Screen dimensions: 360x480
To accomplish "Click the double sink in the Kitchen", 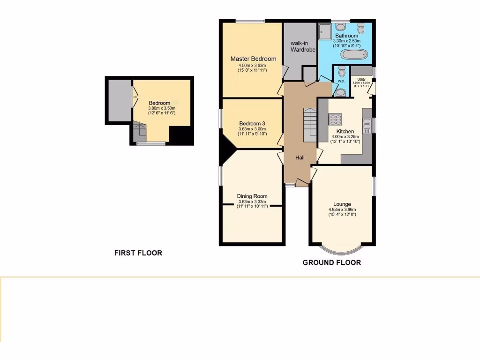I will (367, 124).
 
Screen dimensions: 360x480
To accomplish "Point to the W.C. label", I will (341, 81).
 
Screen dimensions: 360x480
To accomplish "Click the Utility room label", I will (361, 80).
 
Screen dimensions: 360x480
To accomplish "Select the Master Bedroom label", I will (253, 59).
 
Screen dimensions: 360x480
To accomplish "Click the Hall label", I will (300, 157).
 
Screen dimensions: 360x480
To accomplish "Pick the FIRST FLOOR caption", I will (138, 253).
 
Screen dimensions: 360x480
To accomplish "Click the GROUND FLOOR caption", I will (331, 262).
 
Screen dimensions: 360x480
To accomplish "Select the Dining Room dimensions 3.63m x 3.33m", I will (252, 202).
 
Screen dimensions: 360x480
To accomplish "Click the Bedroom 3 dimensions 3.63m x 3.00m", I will (252, 129).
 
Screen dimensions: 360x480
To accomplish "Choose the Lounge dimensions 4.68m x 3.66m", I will (342, 210).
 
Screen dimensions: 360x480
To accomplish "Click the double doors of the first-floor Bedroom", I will (134, 100).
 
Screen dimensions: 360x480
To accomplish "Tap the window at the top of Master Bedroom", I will (250, 21).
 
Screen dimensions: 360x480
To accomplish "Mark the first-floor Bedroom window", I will (151, 143).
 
